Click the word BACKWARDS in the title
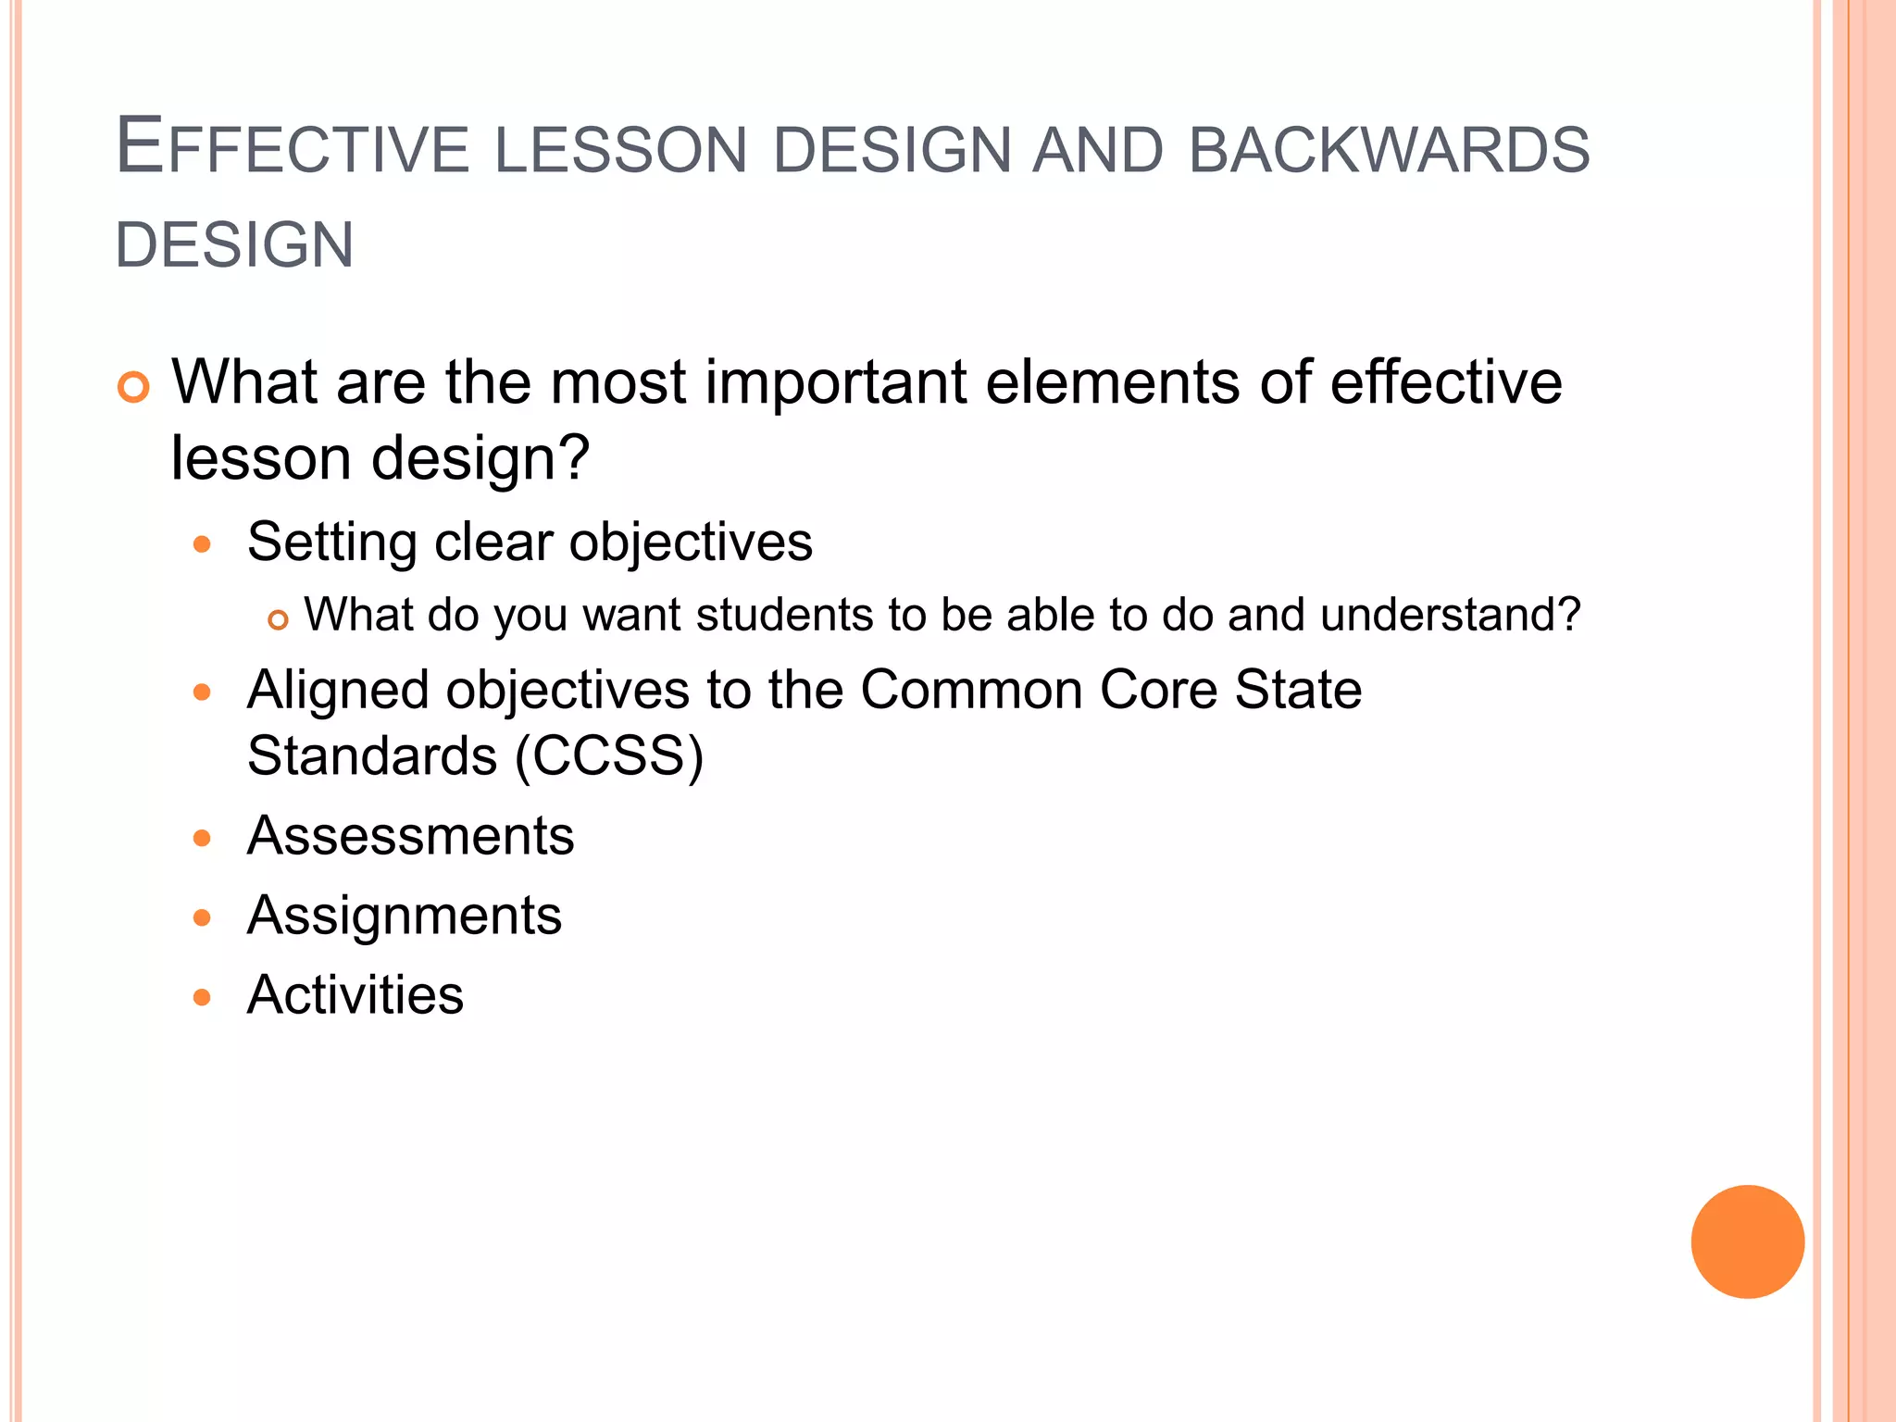(1389, 150)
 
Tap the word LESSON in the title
(620, 150)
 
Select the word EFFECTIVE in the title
(293, 148)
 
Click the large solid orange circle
(1747, 1241)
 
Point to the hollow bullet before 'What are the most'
(133, 387)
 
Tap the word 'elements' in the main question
(1111, 382)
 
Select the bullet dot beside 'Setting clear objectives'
(203, 544)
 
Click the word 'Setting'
(331, 543)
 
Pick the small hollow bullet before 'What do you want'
(279, 619)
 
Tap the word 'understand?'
(1450, 615)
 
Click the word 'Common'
(971, 691)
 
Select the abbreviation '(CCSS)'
(609, 756)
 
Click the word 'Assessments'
(410, 836)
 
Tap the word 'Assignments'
(405, 916)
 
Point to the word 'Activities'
(355, 995)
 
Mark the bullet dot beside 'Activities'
(203, 997)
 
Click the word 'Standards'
(372, 756)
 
